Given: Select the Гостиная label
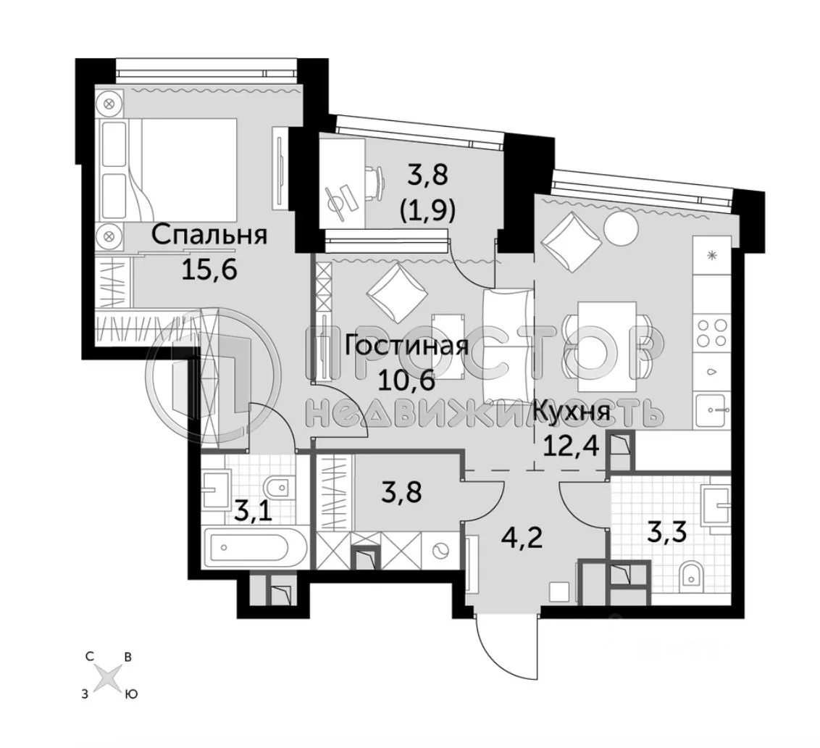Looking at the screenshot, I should (405, 346).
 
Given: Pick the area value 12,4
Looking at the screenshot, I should (570, 444).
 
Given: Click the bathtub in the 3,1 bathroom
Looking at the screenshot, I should (250, 549).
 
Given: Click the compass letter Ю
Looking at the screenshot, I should (132, 694).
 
